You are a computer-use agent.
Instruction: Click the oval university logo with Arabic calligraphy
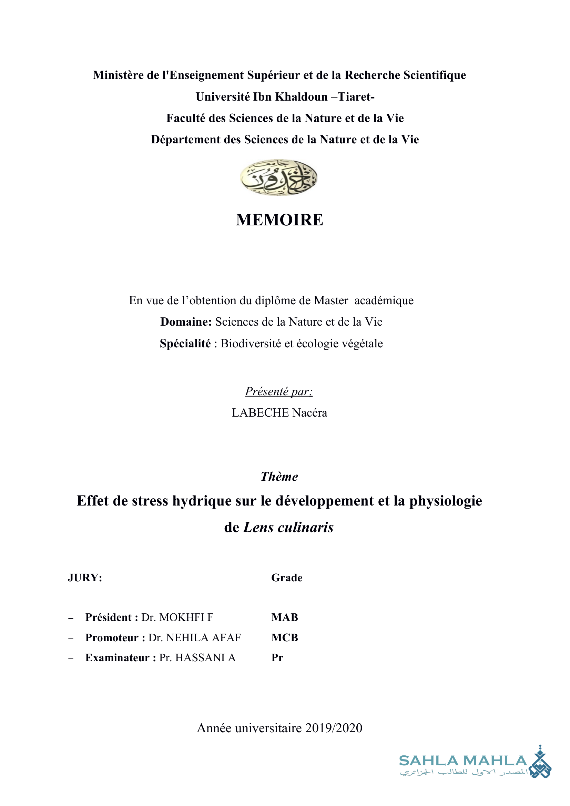[x=279, y=177]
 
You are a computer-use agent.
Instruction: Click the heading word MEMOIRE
[x=279, y=220]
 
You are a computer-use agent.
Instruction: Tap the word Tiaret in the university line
[x=354, y=96]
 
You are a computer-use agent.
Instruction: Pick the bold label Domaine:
[x=186, y=322]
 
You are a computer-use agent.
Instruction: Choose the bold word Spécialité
[x=185, y=343]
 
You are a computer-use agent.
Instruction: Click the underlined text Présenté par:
[x=279, y=391]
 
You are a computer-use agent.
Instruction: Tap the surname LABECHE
[x=260, y=413]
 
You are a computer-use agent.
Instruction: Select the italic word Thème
[x=279, y=476]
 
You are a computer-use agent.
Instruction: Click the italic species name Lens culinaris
[x=288, y=527]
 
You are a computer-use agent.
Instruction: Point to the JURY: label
[x=85, y=578]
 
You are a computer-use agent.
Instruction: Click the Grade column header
[x=287, y=578]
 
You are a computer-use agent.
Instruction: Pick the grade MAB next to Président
[x=285, y=617]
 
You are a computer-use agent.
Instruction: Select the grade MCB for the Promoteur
[x=285, y=637]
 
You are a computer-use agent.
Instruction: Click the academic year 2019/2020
[x=334, y=728]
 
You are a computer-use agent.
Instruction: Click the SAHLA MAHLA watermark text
[x=463, y=761]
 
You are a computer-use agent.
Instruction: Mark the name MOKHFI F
[x=186, y=617]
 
